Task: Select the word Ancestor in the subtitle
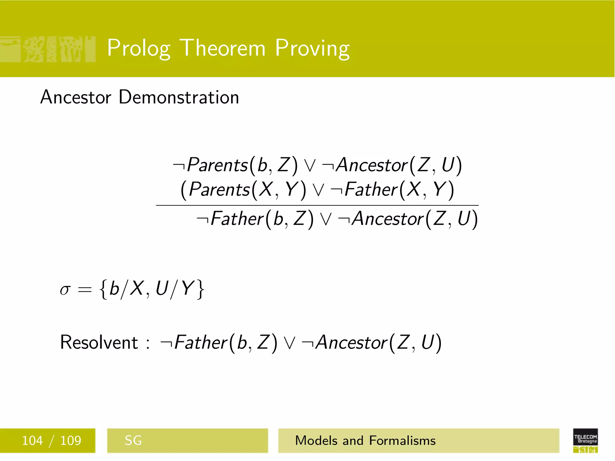click(76, 97)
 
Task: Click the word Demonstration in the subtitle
click(179, 97)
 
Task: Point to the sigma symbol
click(65, 290)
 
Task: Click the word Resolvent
click(99, 342)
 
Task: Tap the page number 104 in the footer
click(32, 441)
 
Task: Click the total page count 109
click(71, 441)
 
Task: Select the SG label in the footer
click(133, 441)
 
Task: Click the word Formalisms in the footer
click(402, 441)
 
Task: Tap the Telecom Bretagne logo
click(585, 440)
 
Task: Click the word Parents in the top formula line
click(217, 165)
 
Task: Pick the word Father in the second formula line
click(371, 190)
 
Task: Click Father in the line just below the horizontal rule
click(237, 218)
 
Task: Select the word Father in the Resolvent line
click(201, 342)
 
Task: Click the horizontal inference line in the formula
click(317, 205)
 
